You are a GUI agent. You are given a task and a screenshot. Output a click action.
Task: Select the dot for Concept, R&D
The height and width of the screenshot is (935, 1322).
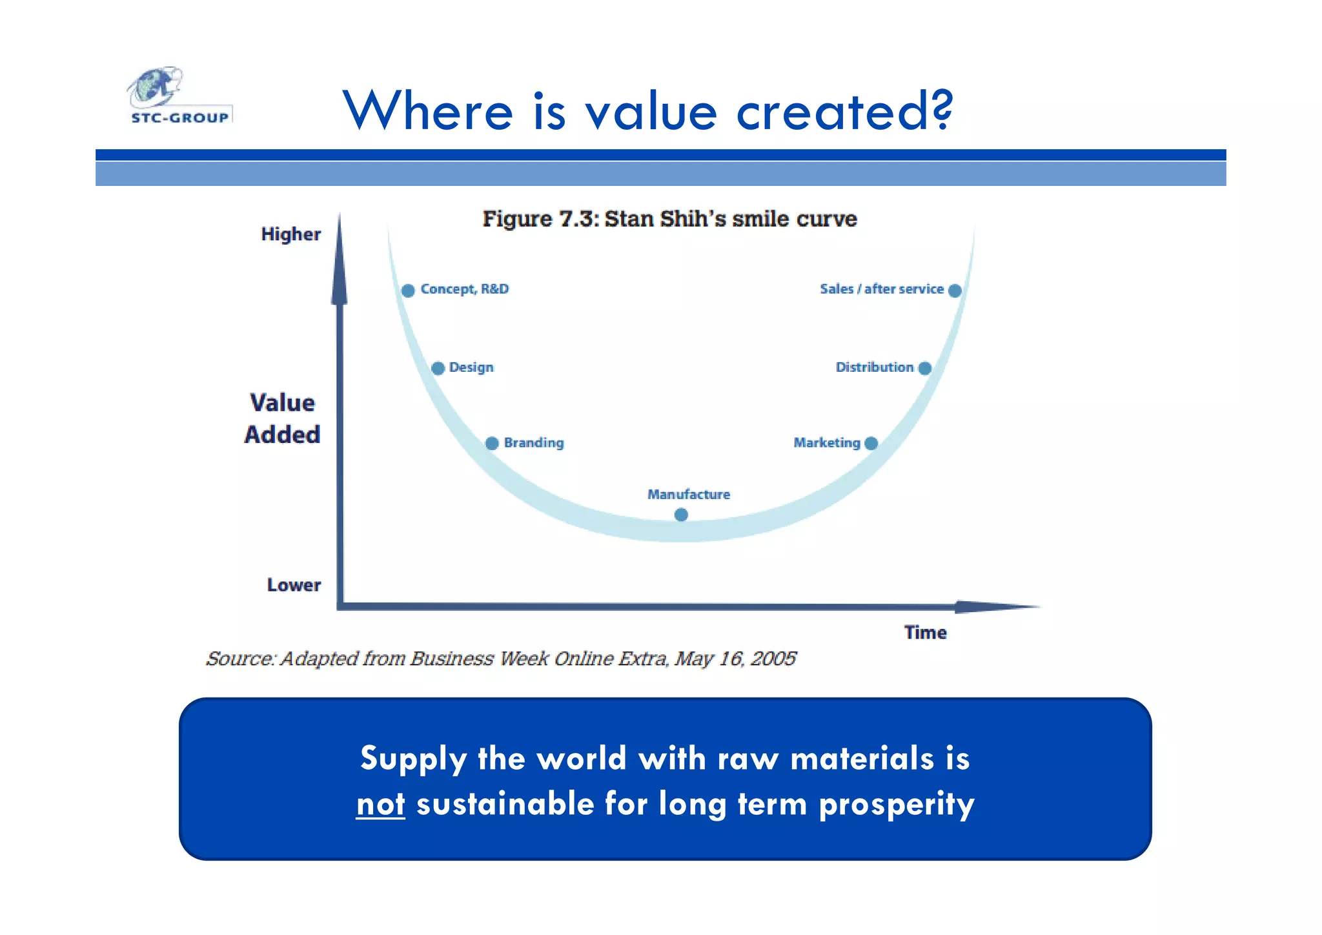click(408, 291)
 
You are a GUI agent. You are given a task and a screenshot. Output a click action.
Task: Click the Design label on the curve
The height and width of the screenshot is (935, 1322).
click(471, 367)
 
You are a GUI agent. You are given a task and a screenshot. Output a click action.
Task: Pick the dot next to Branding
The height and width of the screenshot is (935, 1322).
click(492, 444)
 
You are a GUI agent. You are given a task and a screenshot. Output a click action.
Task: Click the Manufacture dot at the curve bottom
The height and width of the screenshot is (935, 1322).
click(681, 515)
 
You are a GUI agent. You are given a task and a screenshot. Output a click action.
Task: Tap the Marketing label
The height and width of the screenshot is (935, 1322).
click(826, 443)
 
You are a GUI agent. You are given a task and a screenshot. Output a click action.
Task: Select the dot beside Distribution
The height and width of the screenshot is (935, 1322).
click(924, 368)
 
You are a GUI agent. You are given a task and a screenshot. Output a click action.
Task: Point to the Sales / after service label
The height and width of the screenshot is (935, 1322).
click(881, 289)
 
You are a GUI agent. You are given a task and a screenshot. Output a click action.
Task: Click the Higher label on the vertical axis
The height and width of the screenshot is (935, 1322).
click(290, 234)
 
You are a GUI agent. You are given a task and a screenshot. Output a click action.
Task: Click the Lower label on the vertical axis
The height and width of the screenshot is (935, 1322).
click(294, 585)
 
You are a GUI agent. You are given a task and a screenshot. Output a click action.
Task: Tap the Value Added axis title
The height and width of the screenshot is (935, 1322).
click(282, 418)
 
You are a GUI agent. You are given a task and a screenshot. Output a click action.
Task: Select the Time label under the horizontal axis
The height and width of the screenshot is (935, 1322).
click(925, 633)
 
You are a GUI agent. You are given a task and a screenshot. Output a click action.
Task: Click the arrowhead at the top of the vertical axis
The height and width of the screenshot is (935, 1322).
click(340, 265)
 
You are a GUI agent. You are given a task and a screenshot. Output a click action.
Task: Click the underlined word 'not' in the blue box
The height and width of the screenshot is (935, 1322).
click(380, 805)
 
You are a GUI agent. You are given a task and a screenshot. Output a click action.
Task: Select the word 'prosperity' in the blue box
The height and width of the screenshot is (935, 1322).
click(896, 805)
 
